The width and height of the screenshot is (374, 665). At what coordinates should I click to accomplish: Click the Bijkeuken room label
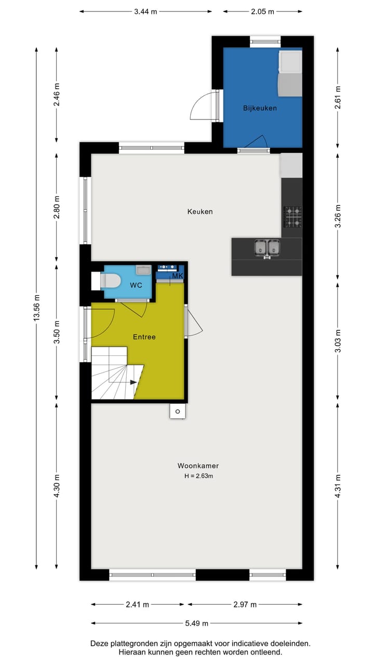point(260,108)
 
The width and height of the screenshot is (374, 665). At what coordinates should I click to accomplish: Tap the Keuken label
point(200,211)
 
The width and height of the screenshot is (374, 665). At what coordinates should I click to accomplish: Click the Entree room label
point(144,337)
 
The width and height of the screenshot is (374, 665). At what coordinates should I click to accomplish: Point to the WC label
point(136,285)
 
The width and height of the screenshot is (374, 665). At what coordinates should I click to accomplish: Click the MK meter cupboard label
point(177,276)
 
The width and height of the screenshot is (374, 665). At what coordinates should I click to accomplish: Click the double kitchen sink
point(267,248)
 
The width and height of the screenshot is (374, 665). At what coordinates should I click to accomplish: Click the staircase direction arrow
point(133,382)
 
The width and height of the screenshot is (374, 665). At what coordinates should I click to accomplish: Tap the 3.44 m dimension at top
point(146,11)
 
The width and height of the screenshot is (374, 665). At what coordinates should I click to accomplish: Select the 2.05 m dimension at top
point(263,11)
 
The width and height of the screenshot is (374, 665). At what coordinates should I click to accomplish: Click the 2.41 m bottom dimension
point(138,604)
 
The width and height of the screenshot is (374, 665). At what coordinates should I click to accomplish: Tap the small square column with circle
point(178,411)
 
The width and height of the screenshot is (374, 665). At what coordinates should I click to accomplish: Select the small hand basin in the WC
point(143,270)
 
